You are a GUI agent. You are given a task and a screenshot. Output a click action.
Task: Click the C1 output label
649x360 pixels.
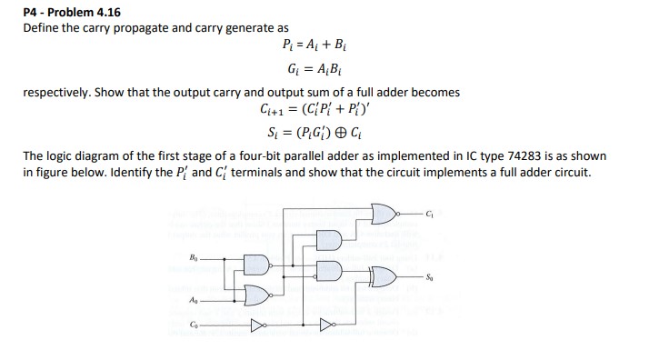click(431, 214)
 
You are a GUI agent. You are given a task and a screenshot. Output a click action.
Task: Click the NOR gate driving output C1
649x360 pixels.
click(386, 213)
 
